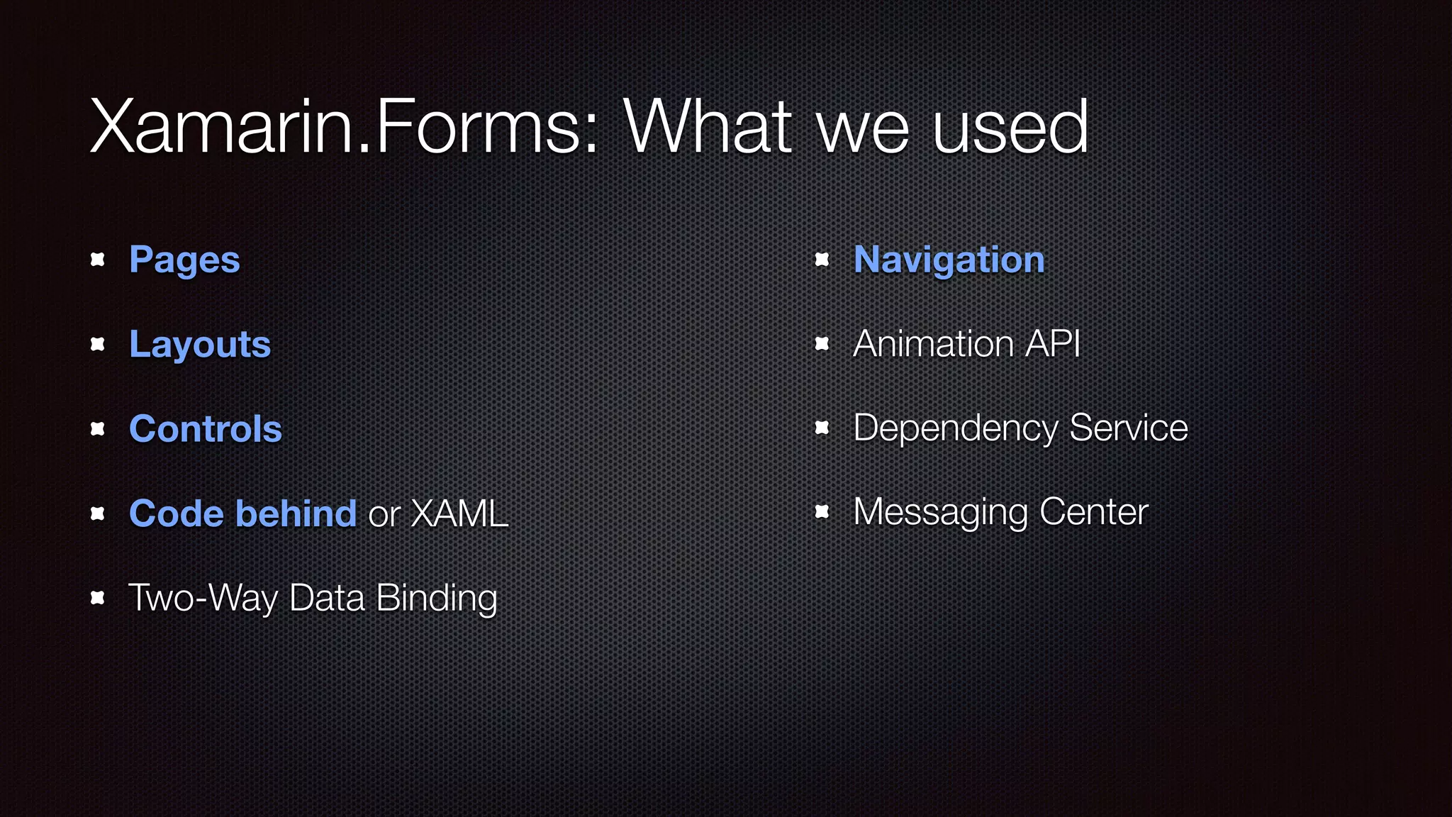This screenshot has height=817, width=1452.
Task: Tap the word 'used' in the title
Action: tap(1010, 128)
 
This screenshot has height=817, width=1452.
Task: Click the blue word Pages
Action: tap(184, 260)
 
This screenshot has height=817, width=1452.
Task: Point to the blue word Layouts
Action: tap(200, 345)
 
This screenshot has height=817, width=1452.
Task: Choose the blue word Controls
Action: tap(206, 429)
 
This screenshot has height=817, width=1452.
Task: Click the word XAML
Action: tap(459, 513)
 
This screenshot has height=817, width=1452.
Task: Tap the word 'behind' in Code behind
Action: tap(296, 513)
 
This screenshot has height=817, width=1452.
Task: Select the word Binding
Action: tap(437, 598)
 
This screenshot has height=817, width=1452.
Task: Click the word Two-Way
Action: tap(203, 598)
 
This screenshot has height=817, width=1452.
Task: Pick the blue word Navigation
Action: tap(949, 260)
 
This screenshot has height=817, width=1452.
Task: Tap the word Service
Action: tap(1128, 428)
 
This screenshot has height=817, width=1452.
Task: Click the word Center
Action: tap(1094, 512)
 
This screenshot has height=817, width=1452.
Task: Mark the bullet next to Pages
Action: tap(98, 260)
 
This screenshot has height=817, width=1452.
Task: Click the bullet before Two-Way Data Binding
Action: tap(98, 598)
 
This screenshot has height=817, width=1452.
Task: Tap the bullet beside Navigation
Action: tap(822, 260)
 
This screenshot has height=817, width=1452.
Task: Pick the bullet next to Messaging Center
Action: tap(822, 511)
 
